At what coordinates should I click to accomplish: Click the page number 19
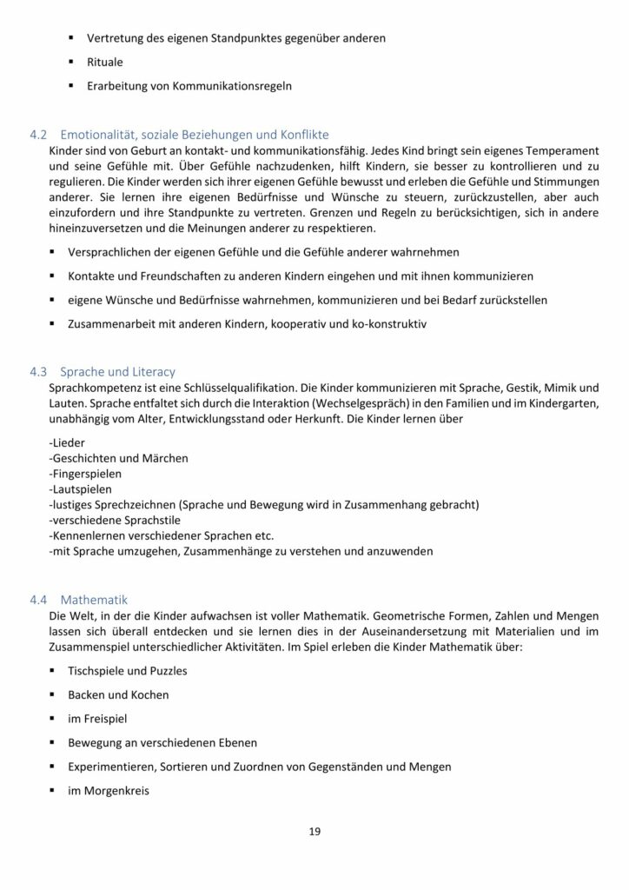coord(314,832)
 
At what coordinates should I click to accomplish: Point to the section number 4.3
coord(39,371)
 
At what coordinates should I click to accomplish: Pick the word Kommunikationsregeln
coord(234,86)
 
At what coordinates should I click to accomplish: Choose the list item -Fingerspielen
coord(86,474)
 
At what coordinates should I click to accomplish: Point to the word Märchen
coord(167,458)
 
